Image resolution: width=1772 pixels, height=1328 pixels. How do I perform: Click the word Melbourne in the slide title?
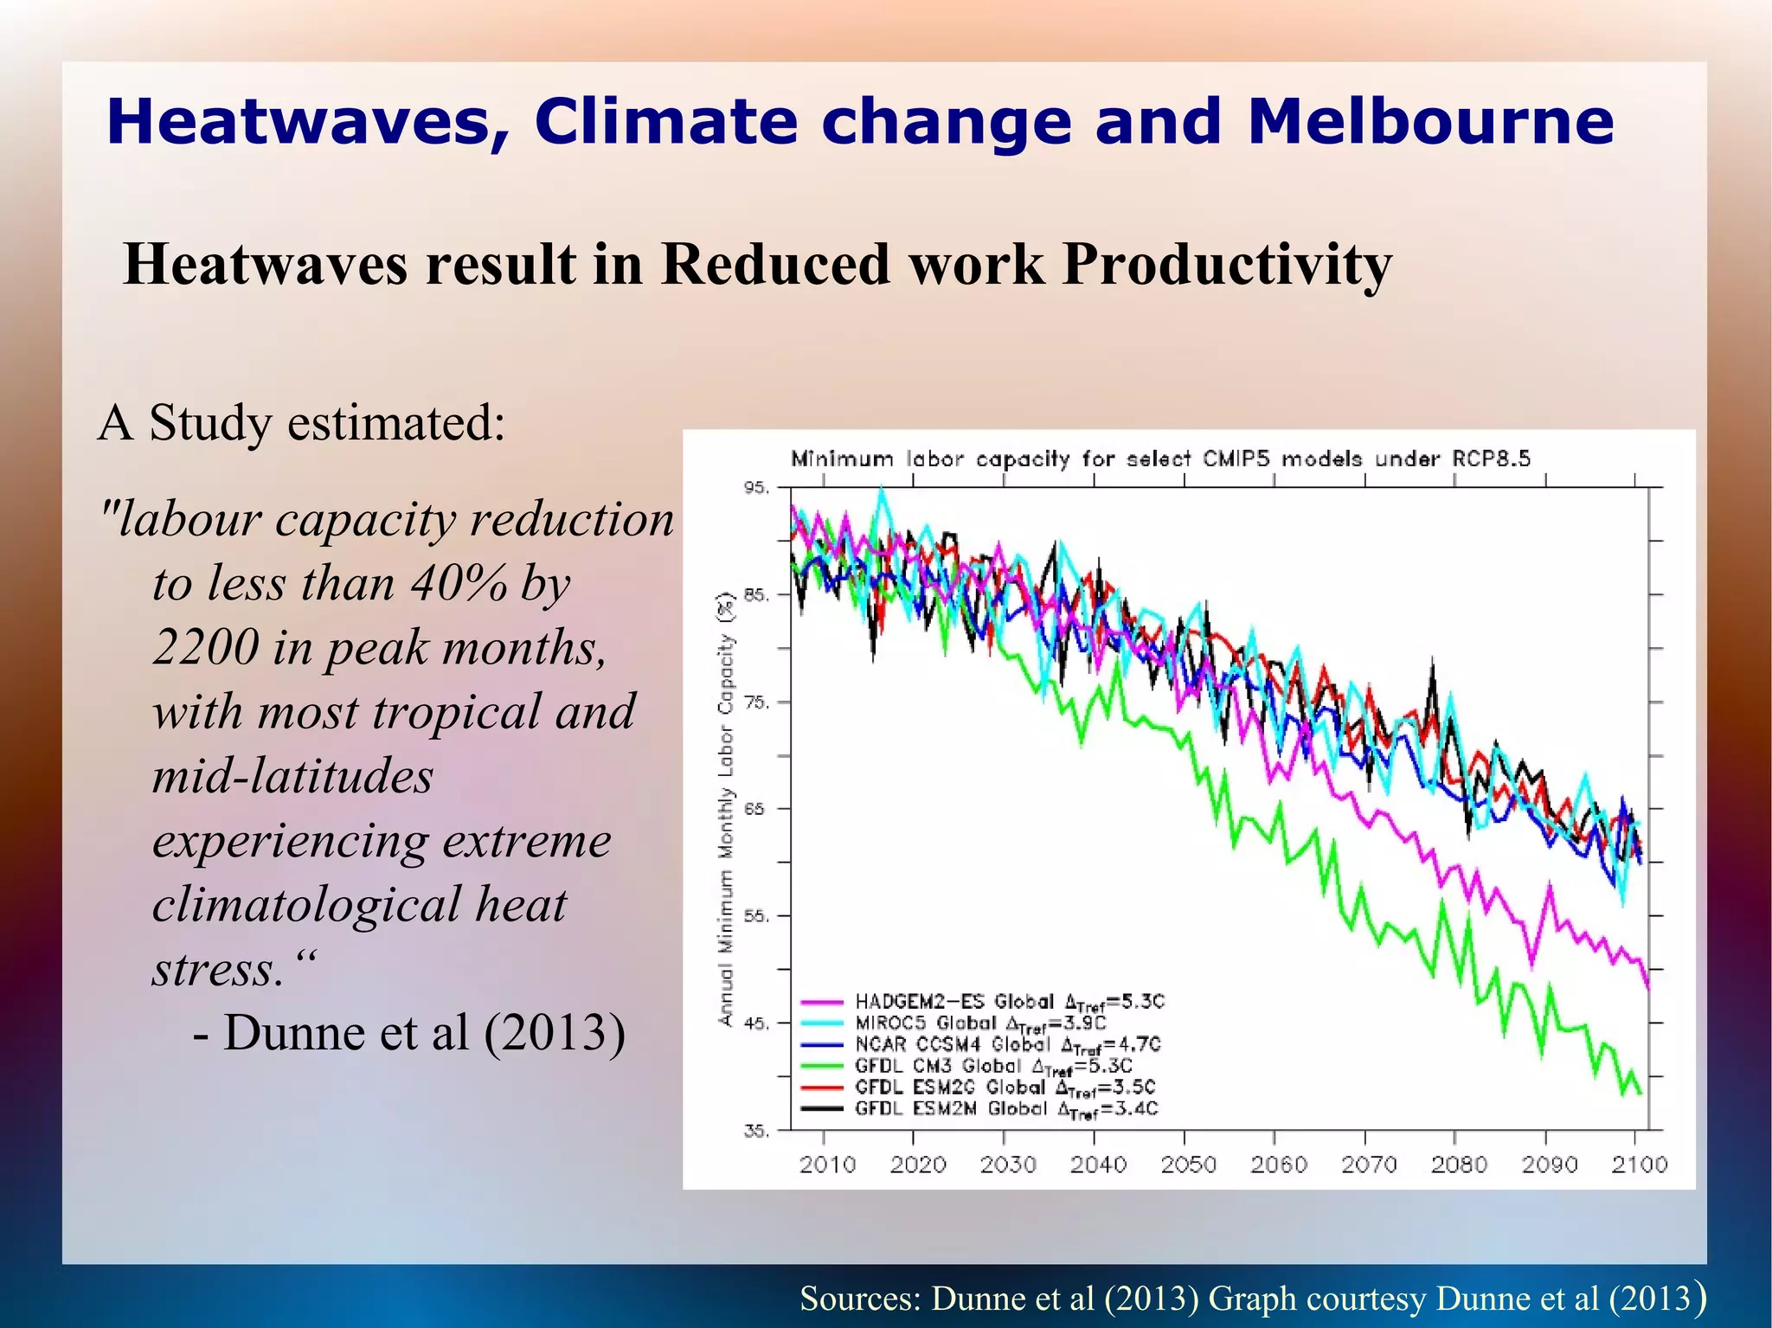pyautogui.click(x=1429, y=121)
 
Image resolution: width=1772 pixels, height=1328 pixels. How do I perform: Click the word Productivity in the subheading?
pyautogui.click(x=1227, y=264)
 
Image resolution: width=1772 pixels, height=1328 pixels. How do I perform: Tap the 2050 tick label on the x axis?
pyautogui.click(x=1188, y=1164)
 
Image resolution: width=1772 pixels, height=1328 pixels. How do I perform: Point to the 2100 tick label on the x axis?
pyautogui.click(x=1639, y=1164)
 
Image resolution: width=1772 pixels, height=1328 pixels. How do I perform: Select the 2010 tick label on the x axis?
pyautogui.click(x=827, y=1164)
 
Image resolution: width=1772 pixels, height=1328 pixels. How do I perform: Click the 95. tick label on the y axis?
pyautogui.click(x=755, y=488)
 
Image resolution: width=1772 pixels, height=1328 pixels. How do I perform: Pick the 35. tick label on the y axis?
pyautogui.click(x=755, y=1131)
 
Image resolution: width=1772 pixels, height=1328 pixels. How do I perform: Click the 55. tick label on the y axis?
pyautogui.click(x=755, y=916)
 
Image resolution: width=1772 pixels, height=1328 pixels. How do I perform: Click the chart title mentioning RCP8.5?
pyautogui.click(x=1160, y=459)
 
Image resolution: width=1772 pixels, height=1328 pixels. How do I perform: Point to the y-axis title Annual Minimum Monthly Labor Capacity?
pyautogui.click(x=726, y=809)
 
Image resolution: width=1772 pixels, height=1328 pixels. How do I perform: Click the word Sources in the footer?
pyautogui.click(x=860, y=1298)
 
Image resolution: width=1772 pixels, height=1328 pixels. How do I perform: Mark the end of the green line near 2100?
pyautogui.click(x=1640, y=1094)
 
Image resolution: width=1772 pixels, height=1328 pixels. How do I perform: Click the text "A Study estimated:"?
pyautogui.click(x=301, y=423)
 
